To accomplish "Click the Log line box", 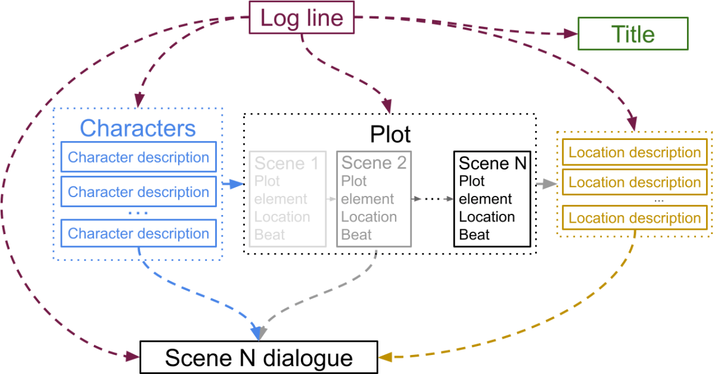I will (302, 18).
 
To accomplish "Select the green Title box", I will (633, 34).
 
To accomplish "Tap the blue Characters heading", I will (138, 127).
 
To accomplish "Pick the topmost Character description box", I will (138, 158).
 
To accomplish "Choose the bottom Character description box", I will (138, 233).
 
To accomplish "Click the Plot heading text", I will (390, 134).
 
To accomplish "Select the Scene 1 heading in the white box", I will (287, 163).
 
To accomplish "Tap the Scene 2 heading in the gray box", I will (374, 163).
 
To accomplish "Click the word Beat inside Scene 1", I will (269, 235).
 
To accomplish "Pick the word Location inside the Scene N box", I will (487, 217).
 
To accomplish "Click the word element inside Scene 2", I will (367, 199).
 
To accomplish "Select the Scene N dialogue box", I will (259, 358).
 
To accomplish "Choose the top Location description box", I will (635, 153).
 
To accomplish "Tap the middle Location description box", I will (635, 182).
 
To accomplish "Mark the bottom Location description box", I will (635, 219).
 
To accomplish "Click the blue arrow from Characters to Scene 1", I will (233, 185).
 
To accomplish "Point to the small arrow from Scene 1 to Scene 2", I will (331, 199).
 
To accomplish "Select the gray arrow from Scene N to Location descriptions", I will (545, 185).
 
